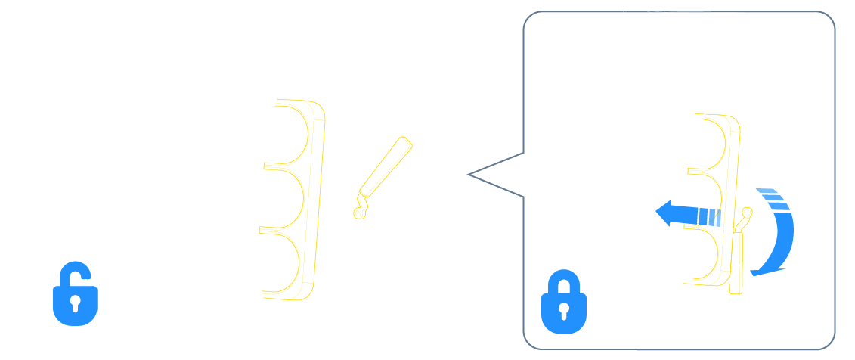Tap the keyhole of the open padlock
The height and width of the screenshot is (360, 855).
coord(76,304)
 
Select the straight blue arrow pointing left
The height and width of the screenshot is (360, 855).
coord(688,214)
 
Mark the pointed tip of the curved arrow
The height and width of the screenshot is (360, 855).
coord(752,272)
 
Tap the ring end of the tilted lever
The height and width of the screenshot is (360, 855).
coord(359,213)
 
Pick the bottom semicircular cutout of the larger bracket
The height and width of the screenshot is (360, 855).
coord(287,261)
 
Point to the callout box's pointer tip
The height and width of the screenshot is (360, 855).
coord(469,175)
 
